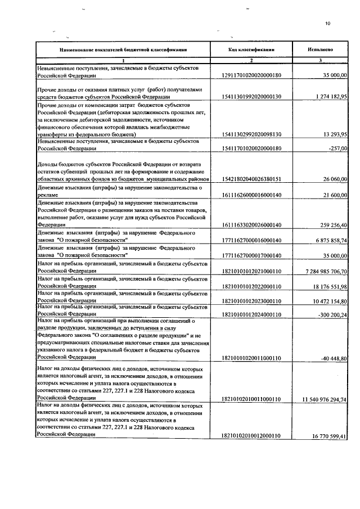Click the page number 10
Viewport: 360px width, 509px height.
click(x=327, y=23)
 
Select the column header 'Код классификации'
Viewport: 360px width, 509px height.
click(x=251, y=49)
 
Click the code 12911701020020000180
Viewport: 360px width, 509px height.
click(x=251, y=75)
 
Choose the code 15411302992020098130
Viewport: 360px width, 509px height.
click(x=251, y=134)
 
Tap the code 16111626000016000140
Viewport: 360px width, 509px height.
click(x=251, y=193)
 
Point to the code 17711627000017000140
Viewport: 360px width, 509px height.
click(x=251, y=254)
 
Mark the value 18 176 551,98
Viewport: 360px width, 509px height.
click(x=328, y=286)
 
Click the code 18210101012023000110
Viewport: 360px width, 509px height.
click(x=251, y=300)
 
